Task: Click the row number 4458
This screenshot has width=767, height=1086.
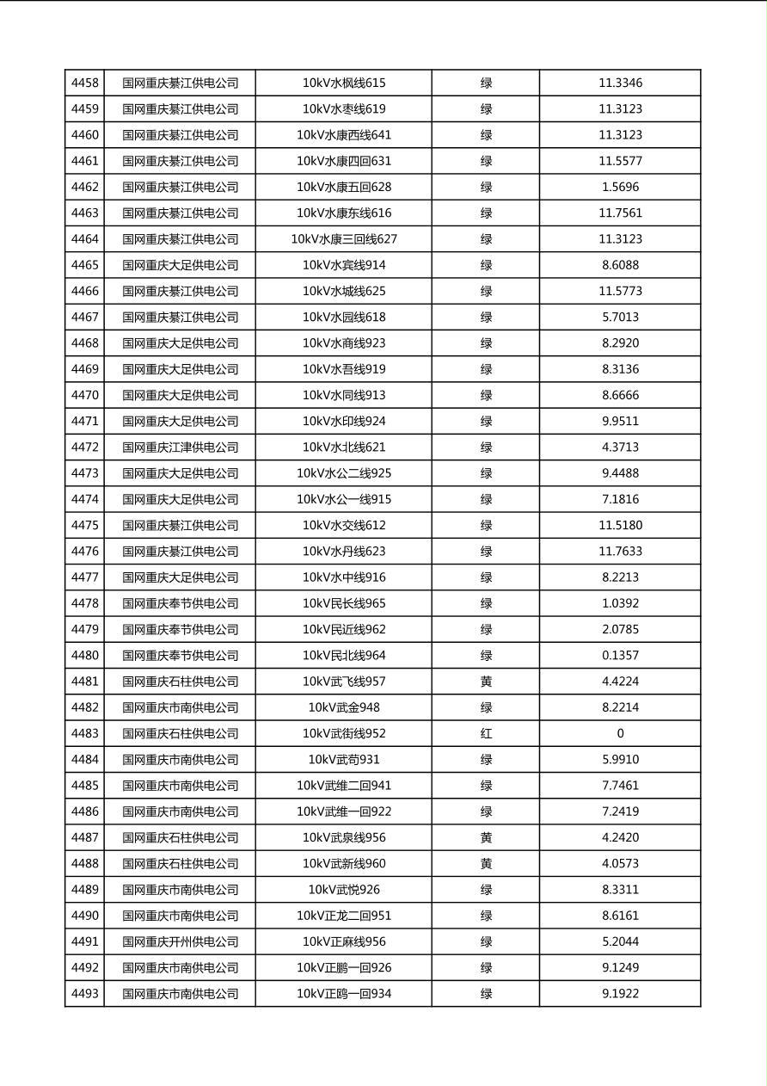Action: pyautogui.click(x=84, y=83)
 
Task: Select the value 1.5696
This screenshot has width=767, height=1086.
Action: pyautogui.click(x=620, y=188)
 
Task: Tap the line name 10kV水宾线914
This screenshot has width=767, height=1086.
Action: pyautogui.click(x=344, y=265)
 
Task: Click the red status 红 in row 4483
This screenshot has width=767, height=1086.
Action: pyautogui.click(x=486, y=734)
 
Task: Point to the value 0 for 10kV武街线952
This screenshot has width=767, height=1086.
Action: pyautogui.click(x=620, y=734)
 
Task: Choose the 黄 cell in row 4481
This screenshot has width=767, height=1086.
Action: pyautogui.click(x=486, y=682)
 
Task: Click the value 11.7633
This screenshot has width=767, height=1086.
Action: pyautogui.click(x=620, y=552)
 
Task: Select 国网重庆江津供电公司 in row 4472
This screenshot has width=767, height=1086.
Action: pyautogui.click(x=180, y=447)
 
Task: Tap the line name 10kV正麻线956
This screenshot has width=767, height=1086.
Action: pyautogui.click(x=344, y=942)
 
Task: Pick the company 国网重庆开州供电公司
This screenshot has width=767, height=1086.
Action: pyautogui.click(x=180, y=942)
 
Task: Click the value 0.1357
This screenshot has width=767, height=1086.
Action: pyautogui.click(x=620, y=656)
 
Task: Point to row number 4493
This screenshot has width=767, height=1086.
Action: pyautogui.click(x=84, y=994)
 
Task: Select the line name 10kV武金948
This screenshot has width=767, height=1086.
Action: pyautogui.click(x=344, y=707)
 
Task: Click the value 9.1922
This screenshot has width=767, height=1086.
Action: pyautogui.click(x=620, y=994)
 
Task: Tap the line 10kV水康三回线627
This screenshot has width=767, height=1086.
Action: pyautogui.click(x=344, y=239)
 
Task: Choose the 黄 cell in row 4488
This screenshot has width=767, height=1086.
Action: pyautogui.click(x=486, y=864)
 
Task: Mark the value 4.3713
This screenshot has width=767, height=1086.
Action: pyautogui.click(x=620, y=447)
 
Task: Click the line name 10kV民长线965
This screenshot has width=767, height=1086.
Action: pyautogui.click(x=344, y=603)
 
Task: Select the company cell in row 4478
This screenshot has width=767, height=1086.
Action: pyautogui.click(x=180, y=603)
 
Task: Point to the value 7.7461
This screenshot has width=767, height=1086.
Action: pyautogui.click(x=620, y=786)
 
